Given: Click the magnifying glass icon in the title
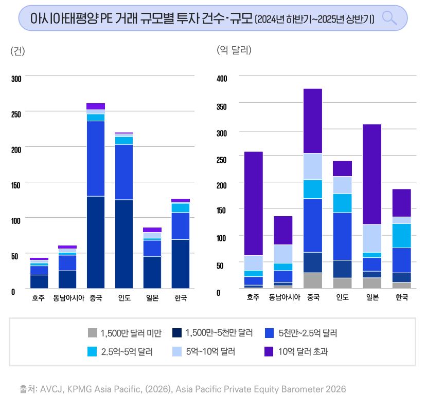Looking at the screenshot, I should click(x=390, y=18).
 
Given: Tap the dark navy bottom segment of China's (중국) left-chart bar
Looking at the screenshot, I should click(x=96, y=242).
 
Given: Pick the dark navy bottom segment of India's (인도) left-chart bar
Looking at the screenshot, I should click(x=124, y=244).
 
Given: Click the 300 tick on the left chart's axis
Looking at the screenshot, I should click(x=16, y=78).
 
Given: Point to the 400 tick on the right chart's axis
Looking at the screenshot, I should click(x=222, y=78).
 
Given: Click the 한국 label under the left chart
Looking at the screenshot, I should click(x=181, y=298).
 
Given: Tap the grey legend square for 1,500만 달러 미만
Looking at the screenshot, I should click(x=93, y=333).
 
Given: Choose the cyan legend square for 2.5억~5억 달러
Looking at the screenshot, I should click(x=93, y=352).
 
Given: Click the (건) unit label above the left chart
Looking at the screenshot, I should click(x=17, y=51).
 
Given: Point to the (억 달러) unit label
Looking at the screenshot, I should click(x=234, y=50).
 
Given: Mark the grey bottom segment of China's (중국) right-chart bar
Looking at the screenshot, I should click(x=312, y=280).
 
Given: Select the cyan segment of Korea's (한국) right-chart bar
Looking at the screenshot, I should click(x=401, y=236).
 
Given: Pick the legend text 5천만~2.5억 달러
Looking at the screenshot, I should click(x=308, y=333).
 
